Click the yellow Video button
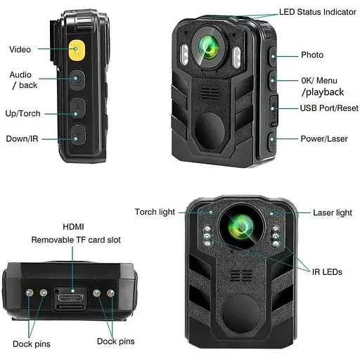pos(77,50)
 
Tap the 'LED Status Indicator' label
pos(317,12)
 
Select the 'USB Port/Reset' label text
pos(329,108)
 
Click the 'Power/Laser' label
pos(324,139)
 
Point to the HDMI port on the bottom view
pos(70,298)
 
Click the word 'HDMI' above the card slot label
pos(73,226)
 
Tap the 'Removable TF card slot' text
pos(76,240)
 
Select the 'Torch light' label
pos(155,212)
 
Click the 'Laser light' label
pos(333,213)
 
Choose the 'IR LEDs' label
pos(327,272)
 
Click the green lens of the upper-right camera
pos(209,47)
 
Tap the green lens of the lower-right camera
pos(241,227)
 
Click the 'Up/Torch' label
pos(22,114)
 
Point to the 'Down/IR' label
pos(22,139)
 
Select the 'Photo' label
pos(312,55)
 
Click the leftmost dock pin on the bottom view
pos(30,292)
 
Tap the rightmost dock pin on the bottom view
pos(110,292)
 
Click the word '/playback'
pos(323,92)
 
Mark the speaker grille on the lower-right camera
pos(241,276)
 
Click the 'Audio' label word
pos(20,75)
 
